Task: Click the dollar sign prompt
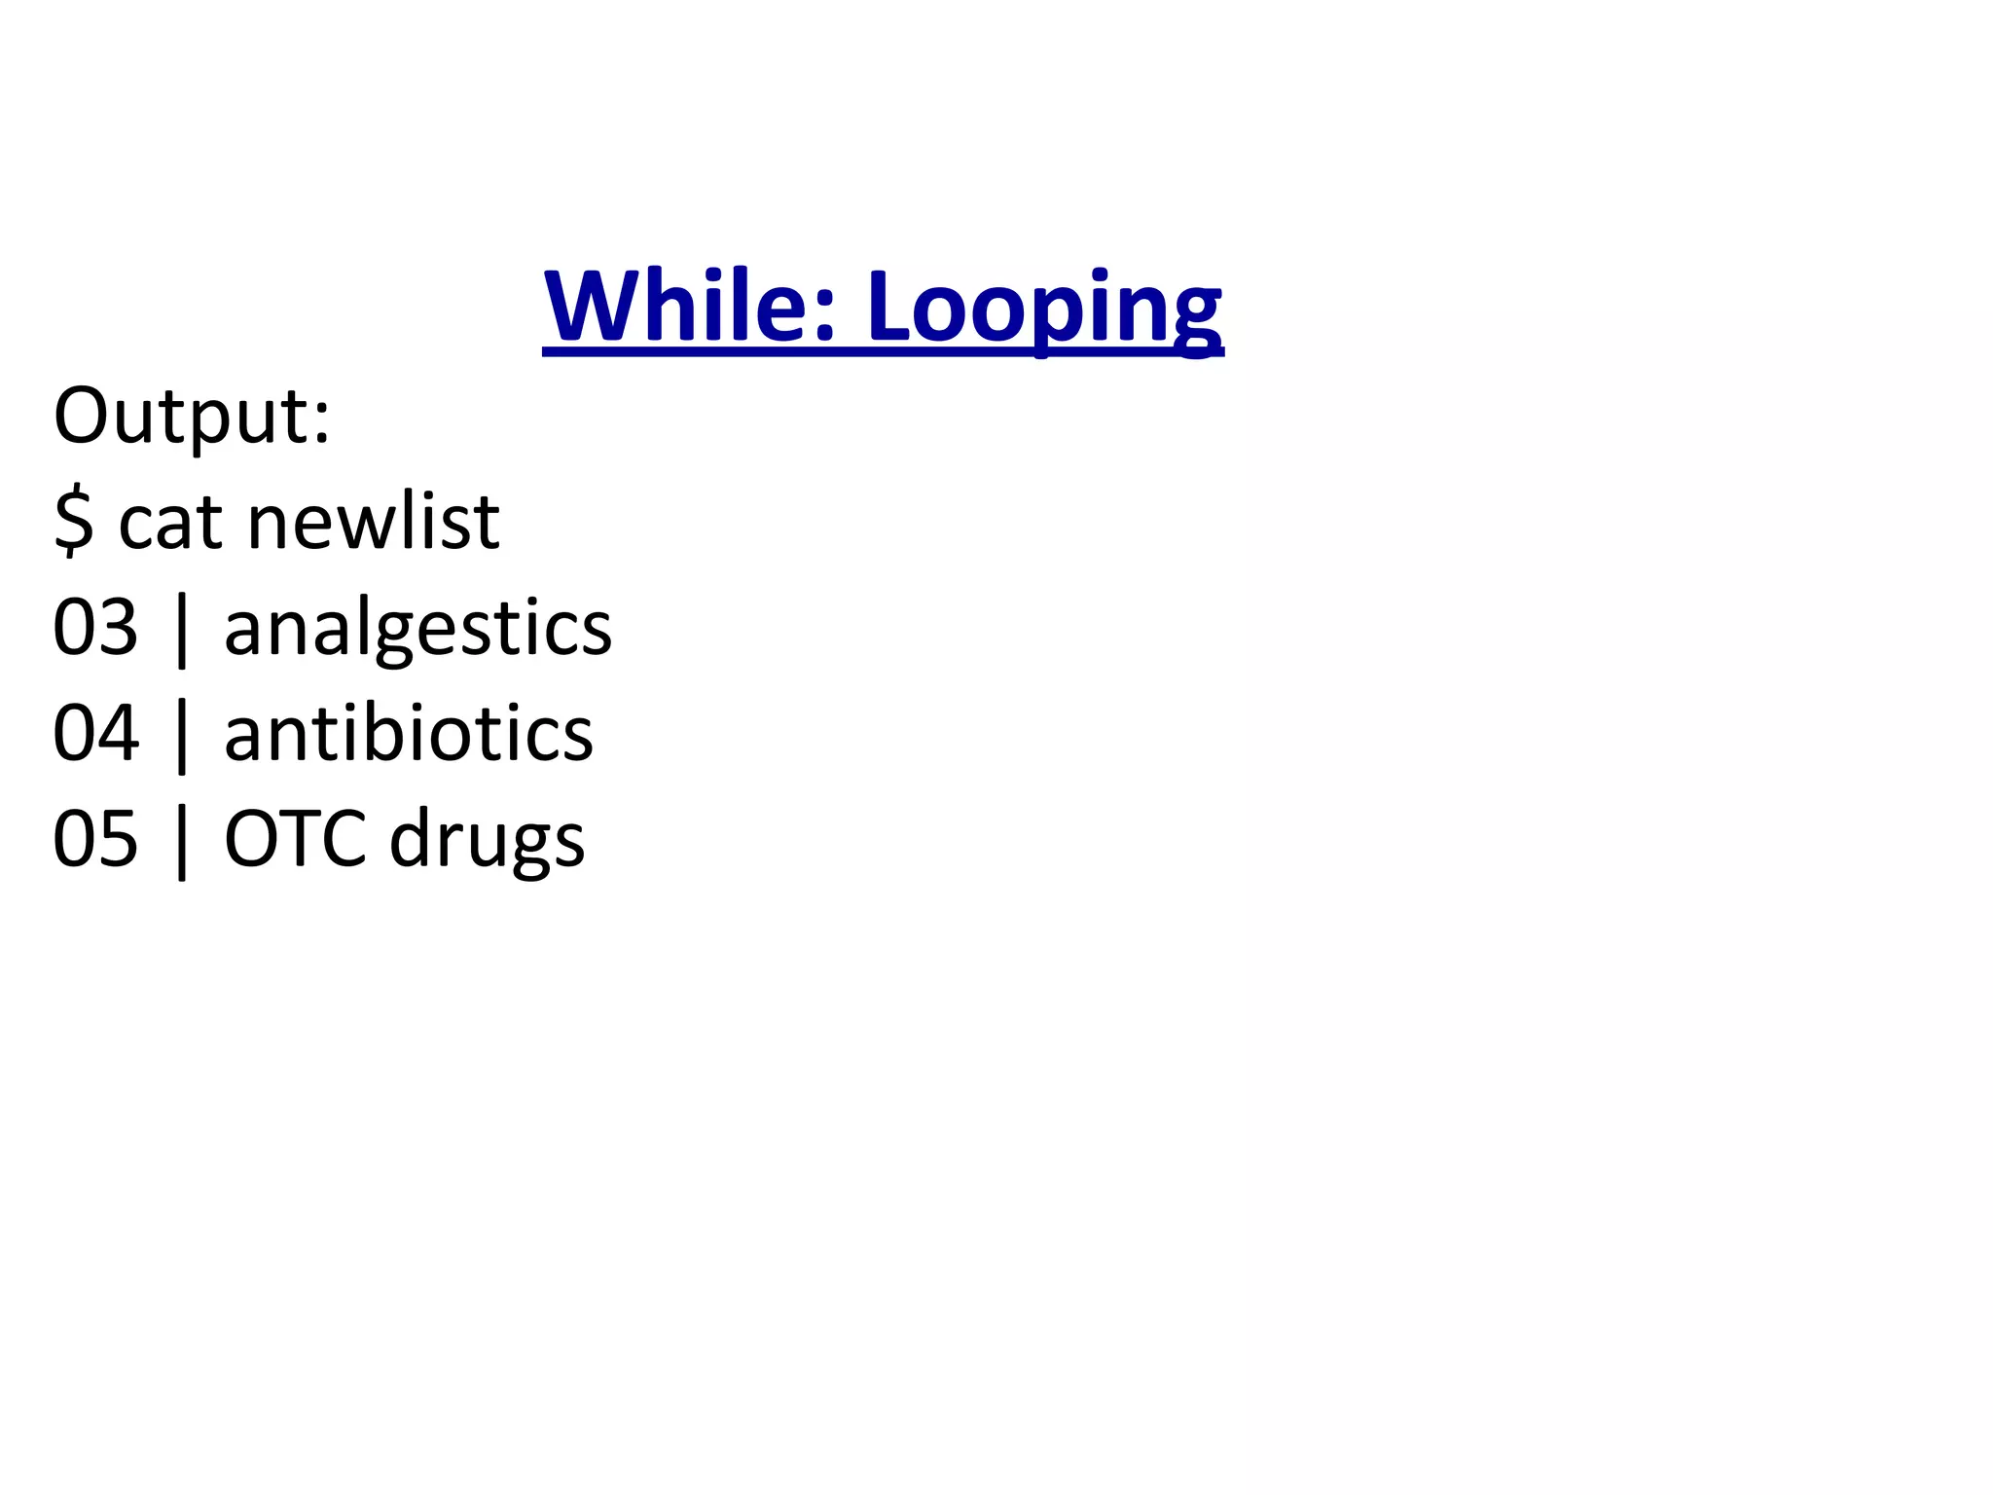click(x=74, y=523)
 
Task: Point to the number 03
click(x=95, y=628)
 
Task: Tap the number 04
click(x=95, y=733)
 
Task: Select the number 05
click(x=95, y=839)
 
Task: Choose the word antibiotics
click(x=408, y=733)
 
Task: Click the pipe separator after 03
click(x=182, y=631)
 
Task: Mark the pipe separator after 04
click(x=182, y=736)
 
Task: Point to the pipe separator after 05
click(x=182, y=842)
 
